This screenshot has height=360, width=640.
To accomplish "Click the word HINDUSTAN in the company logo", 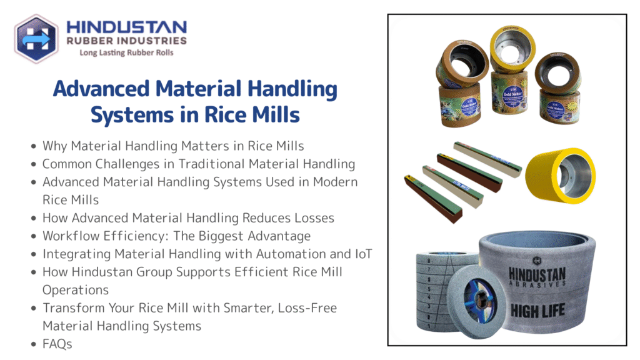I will pos(126,27).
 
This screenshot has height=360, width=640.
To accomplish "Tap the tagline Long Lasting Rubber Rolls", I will pos(126,53).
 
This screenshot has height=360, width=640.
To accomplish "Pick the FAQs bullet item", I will pos(57,344).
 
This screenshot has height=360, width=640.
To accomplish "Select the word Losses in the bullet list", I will pos(315,218).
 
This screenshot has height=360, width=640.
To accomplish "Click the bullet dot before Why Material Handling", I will pos(33,146).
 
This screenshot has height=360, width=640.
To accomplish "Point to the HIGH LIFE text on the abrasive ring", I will pos(537,310).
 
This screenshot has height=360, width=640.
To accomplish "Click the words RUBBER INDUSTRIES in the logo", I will pos(126,41).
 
